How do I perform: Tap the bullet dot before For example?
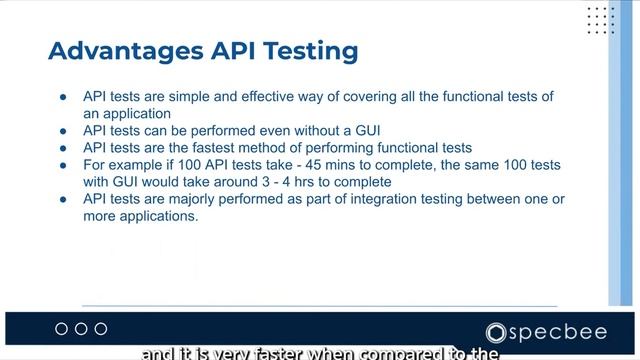click(63, 165)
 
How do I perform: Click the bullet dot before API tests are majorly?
click(63, 199)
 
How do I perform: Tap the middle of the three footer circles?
click(81, 329)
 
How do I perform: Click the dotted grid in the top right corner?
click(600, 20)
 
